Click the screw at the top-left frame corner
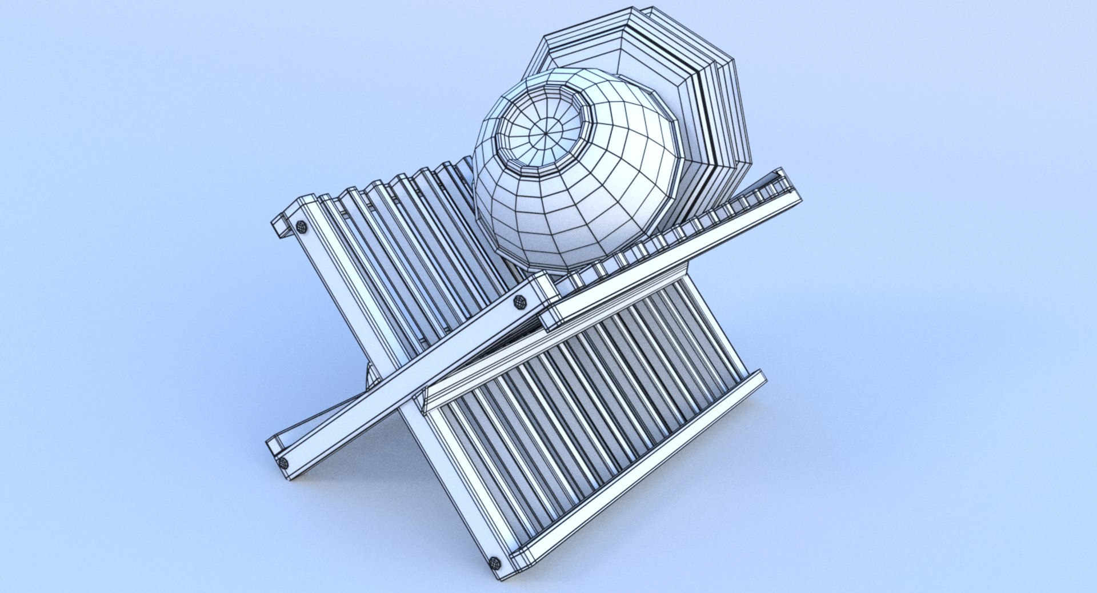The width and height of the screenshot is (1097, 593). click(301, 227)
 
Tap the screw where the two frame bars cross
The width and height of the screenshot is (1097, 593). click(520, 302)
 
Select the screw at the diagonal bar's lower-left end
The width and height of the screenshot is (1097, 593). click(283, 463)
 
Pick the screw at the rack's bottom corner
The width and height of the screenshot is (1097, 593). click(495, 563)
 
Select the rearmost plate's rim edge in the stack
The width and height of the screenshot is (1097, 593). click(737, 114)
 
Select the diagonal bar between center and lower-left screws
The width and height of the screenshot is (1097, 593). click(400, 383)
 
